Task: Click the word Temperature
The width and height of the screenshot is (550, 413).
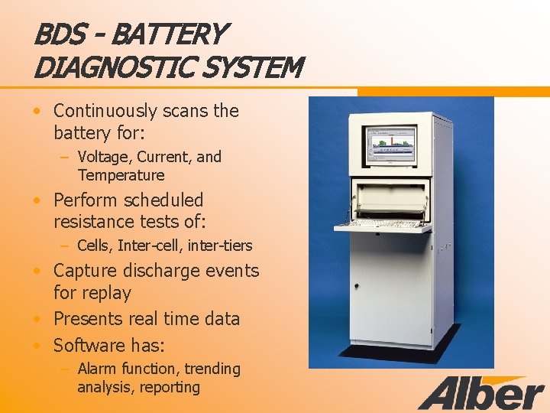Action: pos(121,175)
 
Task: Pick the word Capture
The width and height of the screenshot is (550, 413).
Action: pos(84,271)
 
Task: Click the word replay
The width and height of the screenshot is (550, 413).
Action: pos(106,293)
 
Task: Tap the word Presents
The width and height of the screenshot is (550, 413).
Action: pos(89,319)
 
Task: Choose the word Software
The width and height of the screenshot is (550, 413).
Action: pos(89,345)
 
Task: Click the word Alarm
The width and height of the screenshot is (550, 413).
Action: pos(97,369)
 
